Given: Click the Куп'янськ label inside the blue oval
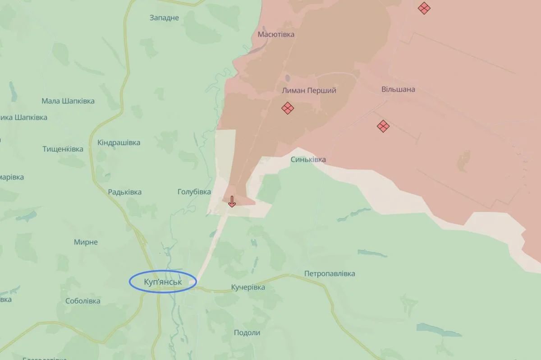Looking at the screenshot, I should (162, 282).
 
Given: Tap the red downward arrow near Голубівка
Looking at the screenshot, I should (232, 201).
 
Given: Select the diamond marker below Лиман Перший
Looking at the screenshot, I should (288, 108).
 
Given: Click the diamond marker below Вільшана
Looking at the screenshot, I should (383, 126).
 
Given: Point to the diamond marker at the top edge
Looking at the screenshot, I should (423, 8).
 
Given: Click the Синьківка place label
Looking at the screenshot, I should (308, 160).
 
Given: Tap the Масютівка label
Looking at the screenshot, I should (276, 34).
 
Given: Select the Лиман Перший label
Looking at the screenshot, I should (309, 91).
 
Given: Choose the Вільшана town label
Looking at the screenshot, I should (398, 89).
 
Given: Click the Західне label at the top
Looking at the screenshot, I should (164, 18).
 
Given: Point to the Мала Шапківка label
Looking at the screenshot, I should (68, 101).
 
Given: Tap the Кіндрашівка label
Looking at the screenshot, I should (119, 143).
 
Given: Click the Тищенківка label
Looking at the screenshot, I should (63, 149).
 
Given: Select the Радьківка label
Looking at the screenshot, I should (124, 192).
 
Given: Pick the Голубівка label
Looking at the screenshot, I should (194, 192).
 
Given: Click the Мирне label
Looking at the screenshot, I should (86, 242).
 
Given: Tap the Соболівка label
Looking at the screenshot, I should (83, 301).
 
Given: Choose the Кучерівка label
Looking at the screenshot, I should (248, 287).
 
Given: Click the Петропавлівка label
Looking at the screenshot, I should (330, 273).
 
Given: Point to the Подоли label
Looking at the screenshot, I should (247, 332).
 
